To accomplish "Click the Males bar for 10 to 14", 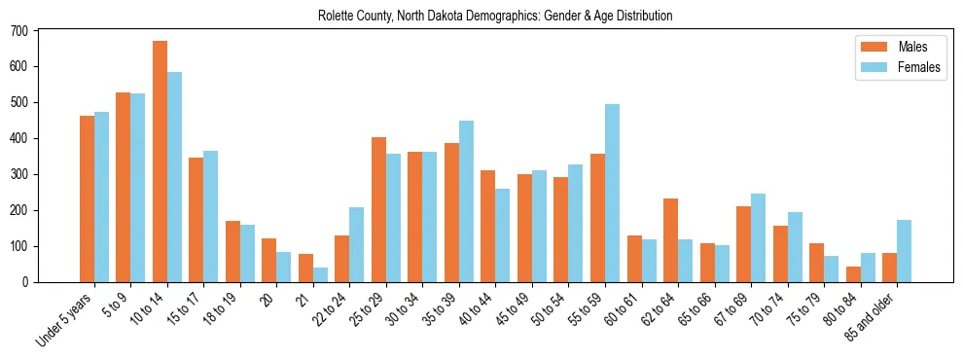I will [160, 162].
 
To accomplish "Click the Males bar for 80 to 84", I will [853, 274].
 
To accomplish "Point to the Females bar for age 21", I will [320, 274].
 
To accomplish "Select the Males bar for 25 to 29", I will [378, 209].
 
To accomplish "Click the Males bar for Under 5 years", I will [87, 198].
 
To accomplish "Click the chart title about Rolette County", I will [495, 16].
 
